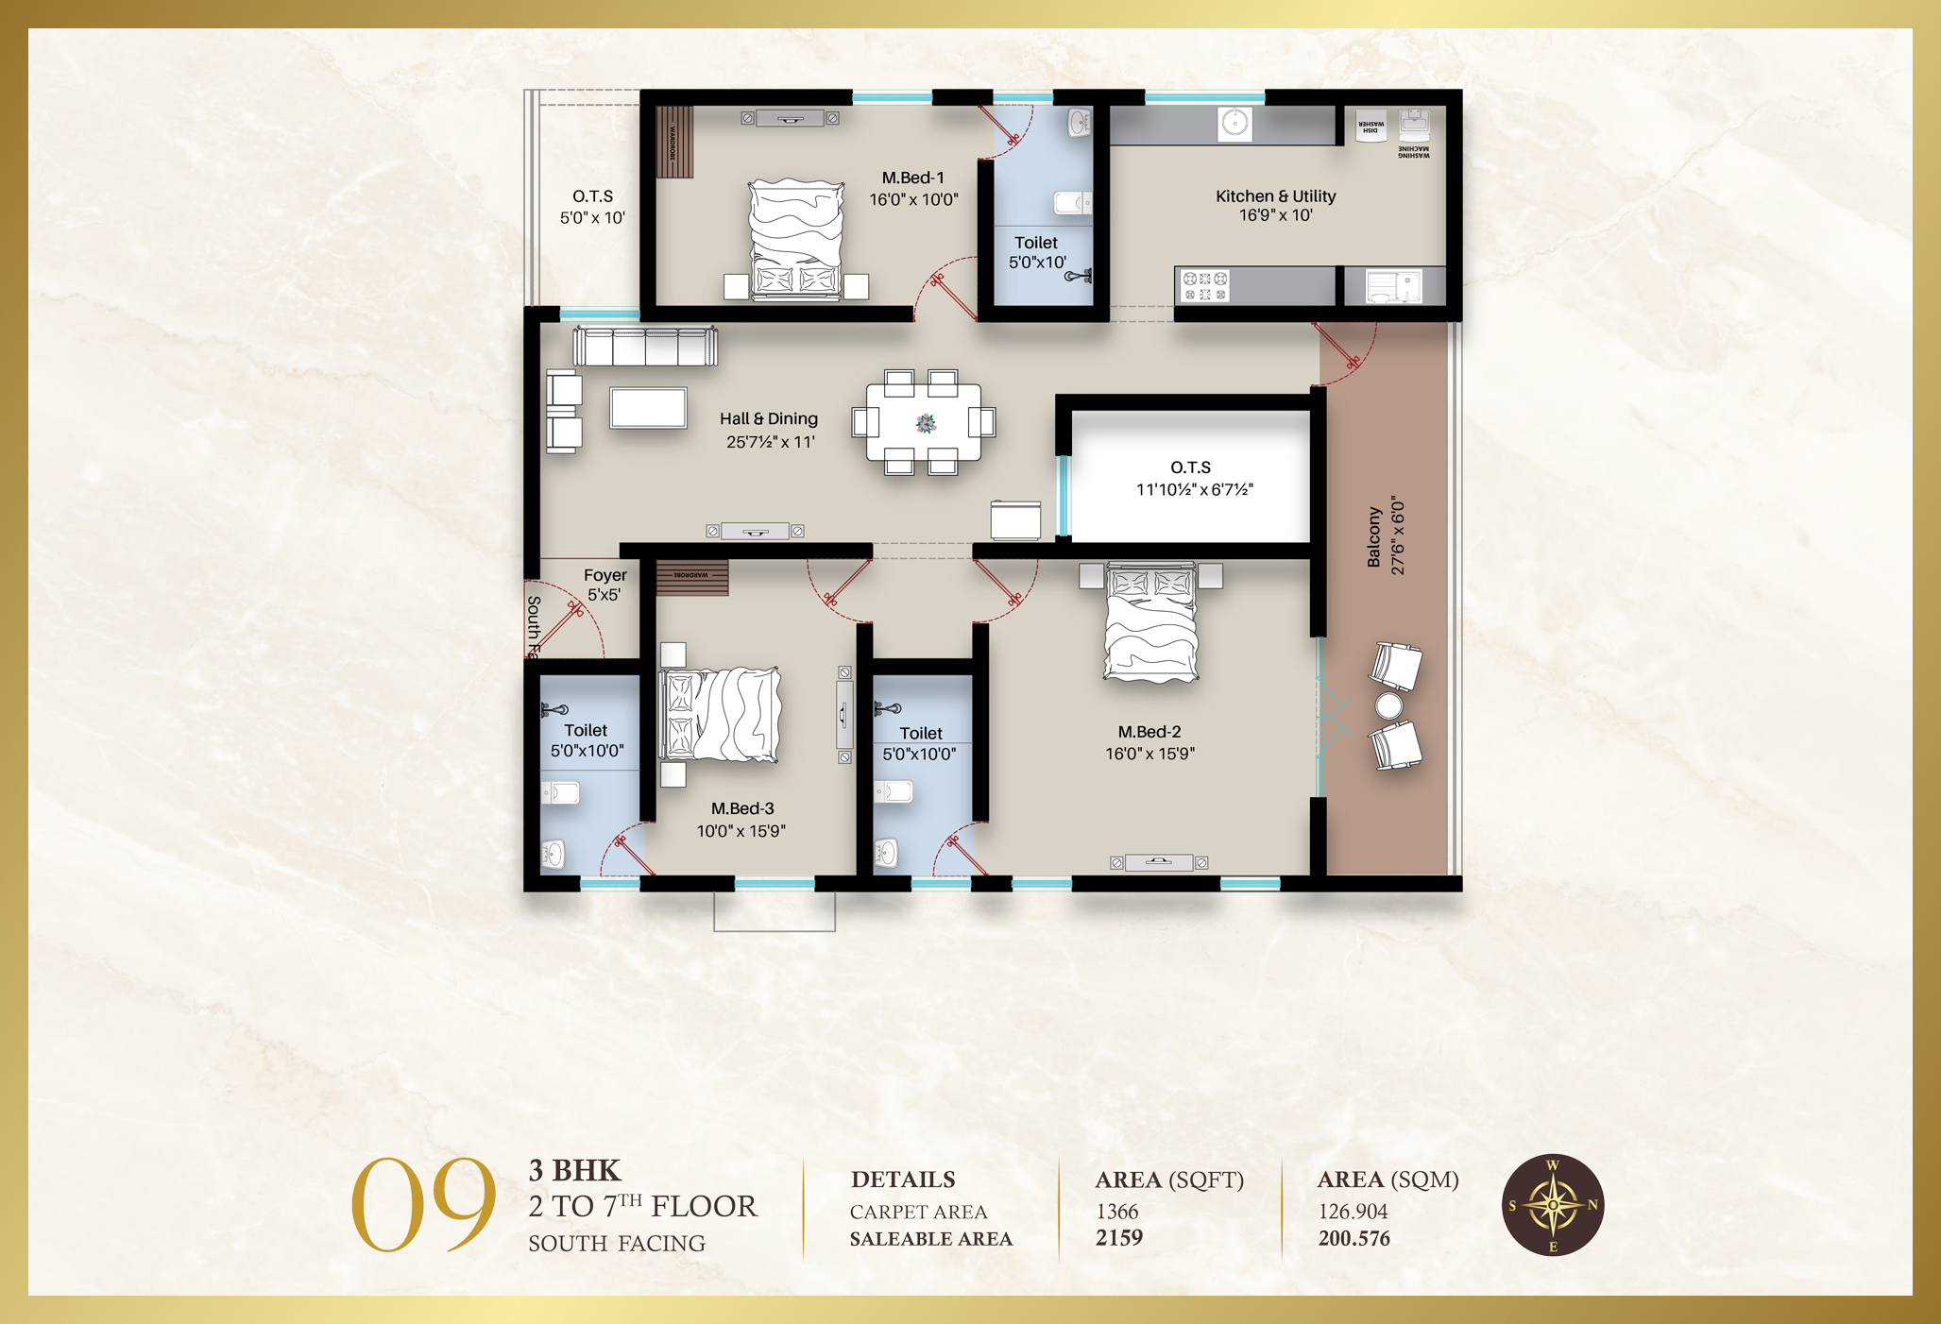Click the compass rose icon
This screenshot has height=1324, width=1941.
click(x=1553, y=1206)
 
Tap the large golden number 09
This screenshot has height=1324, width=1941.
click(x=423, y=1205)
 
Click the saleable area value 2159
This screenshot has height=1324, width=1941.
click(x=1119, y=1238)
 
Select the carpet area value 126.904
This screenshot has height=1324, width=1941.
click(x=1353, y=1212)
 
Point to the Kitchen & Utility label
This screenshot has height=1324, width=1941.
click(x=1275, y=205)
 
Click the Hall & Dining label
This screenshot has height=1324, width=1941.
click(x=769, y=430)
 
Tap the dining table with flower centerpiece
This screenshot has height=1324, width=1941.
click(x=924, y=422)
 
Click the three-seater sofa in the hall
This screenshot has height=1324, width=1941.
click(x=645, y=346)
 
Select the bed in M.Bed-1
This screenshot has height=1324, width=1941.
click(x=796, y=240)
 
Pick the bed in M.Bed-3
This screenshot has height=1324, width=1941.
click(x=720, y=714)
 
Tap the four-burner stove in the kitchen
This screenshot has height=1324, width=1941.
click(x=1205, y=286)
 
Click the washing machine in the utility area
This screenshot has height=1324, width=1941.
click(x=1414, y=126)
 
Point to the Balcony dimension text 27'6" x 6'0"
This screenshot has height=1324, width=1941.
click(x=1398, y=535)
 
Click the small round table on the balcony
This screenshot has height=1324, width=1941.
click(x=1388, y=705)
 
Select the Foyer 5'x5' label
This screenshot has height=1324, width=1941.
click(x=604, y=585)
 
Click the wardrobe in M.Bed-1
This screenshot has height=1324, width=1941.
click(x=674, y=142)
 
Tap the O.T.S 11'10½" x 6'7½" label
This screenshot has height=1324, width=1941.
click(x=1193, y=478)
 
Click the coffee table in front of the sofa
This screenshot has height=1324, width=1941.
click(x=648, y=408)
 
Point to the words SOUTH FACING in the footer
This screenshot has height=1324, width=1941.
click(x=617, y=1244)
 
